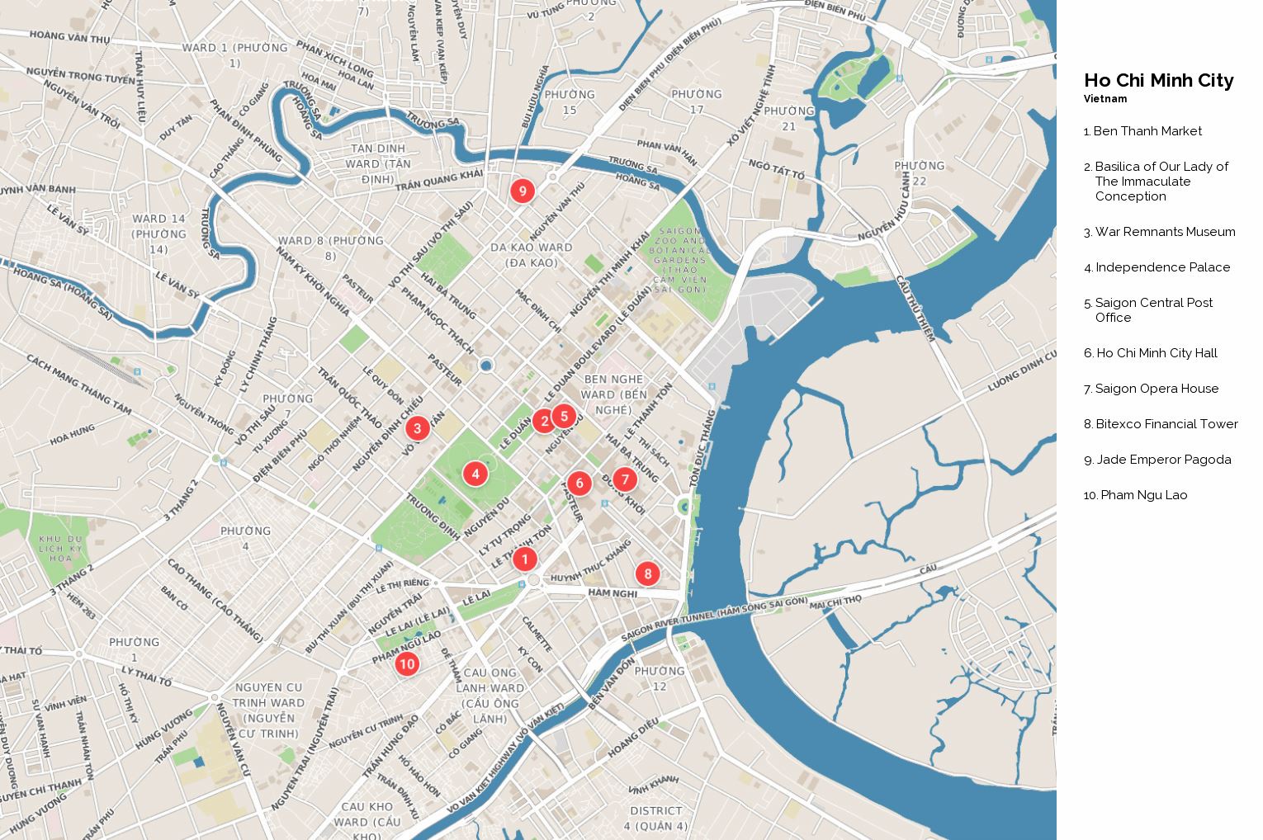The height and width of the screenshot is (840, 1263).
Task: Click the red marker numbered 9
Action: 522,191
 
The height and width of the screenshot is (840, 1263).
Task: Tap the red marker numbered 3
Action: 417,427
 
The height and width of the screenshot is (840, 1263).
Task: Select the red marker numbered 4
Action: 475,474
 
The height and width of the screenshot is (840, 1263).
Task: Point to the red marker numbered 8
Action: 647,573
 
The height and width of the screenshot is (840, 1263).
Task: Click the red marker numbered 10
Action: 406,663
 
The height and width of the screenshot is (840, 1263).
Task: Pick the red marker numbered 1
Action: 524,559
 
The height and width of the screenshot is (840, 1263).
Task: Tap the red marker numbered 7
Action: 625,479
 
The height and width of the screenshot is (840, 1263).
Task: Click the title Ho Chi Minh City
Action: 1158,81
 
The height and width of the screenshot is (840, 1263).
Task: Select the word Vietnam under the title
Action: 1105,99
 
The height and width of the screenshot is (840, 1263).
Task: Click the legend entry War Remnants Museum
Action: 1165,232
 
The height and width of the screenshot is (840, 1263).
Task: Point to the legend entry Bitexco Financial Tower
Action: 1166,424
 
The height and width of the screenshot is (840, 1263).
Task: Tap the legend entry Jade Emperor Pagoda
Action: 1163,460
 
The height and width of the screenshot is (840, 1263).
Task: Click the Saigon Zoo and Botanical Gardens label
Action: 679,261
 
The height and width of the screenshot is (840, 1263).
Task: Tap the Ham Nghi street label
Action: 613,593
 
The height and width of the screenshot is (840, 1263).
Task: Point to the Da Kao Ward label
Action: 531,255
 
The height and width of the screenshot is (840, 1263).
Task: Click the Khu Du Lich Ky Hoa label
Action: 61,549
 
